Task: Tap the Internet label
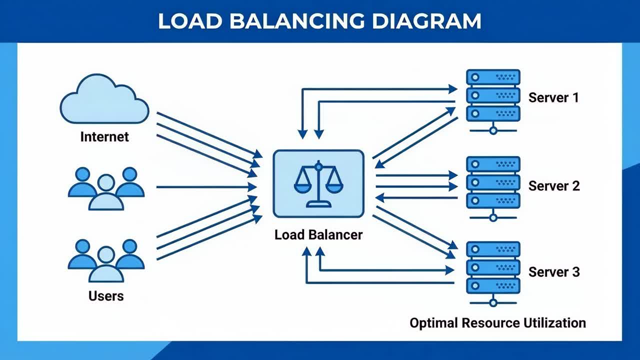pyautogui.click(x=104, y=137)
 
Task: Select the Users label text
pyautogui.click(x=106, y=296)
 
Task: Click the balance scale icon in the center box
pyautogui.click(x=318, y=183)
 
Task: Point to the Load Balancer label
pyautogui.click(x=318, y=234)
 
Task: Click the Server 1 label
pyautogui.click(x=553, y=97)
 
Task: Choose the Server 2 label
pyautogui.click(x=554, y=186)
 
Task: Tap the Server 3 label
pyautogui.click(x=554, y=272)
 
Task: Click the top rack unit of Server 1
pyautogui.click(x=493, y=77)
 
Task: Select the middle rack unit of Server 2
pyautogui.click(x=493, y=182)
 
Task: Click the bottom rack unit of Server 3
pyautogui.click(x=493, y=285)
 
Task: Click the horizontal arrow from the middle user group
pyautogui.click(x=205, y=187)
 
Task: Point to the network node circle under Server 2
pyautogui.click(x=493, y=217)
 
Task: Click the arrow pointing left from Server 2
pyautogui.click(x=415, y=198)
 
